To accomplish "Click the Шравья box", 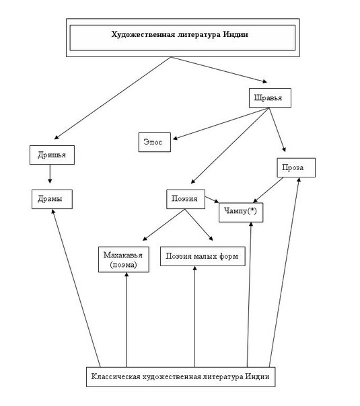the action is point(270,98).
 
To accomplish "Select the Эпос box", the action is point(155,142).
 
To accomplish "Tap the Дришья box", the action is point(52,155).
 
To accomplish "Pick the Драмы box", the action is point(52,199).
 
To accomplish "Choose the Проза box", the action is point(296,167).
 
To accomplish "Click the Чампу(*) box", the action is point(241,212).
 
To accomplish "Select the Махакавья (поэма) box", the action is point(124,259).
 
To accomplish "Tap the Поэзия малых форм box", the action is point(203,256).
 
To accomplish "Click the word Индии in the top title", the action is point(236,34).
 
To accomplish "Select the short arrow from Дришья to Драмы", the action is point(50,173).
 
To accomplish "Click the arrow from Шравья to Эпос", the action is point(221,124).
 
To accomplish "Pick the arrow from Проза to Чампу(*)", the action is point(268,190).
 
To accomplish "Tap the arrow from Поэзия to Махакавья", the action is point(164,225).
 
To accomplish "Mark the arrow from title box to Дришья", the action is point(112,98).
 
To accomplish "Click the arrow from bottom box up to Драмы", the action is point(76,288).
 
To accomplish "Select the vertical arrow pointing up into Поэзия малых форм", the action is point(194,317).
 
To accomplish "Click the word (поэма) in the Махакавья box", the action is point(123,265).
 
